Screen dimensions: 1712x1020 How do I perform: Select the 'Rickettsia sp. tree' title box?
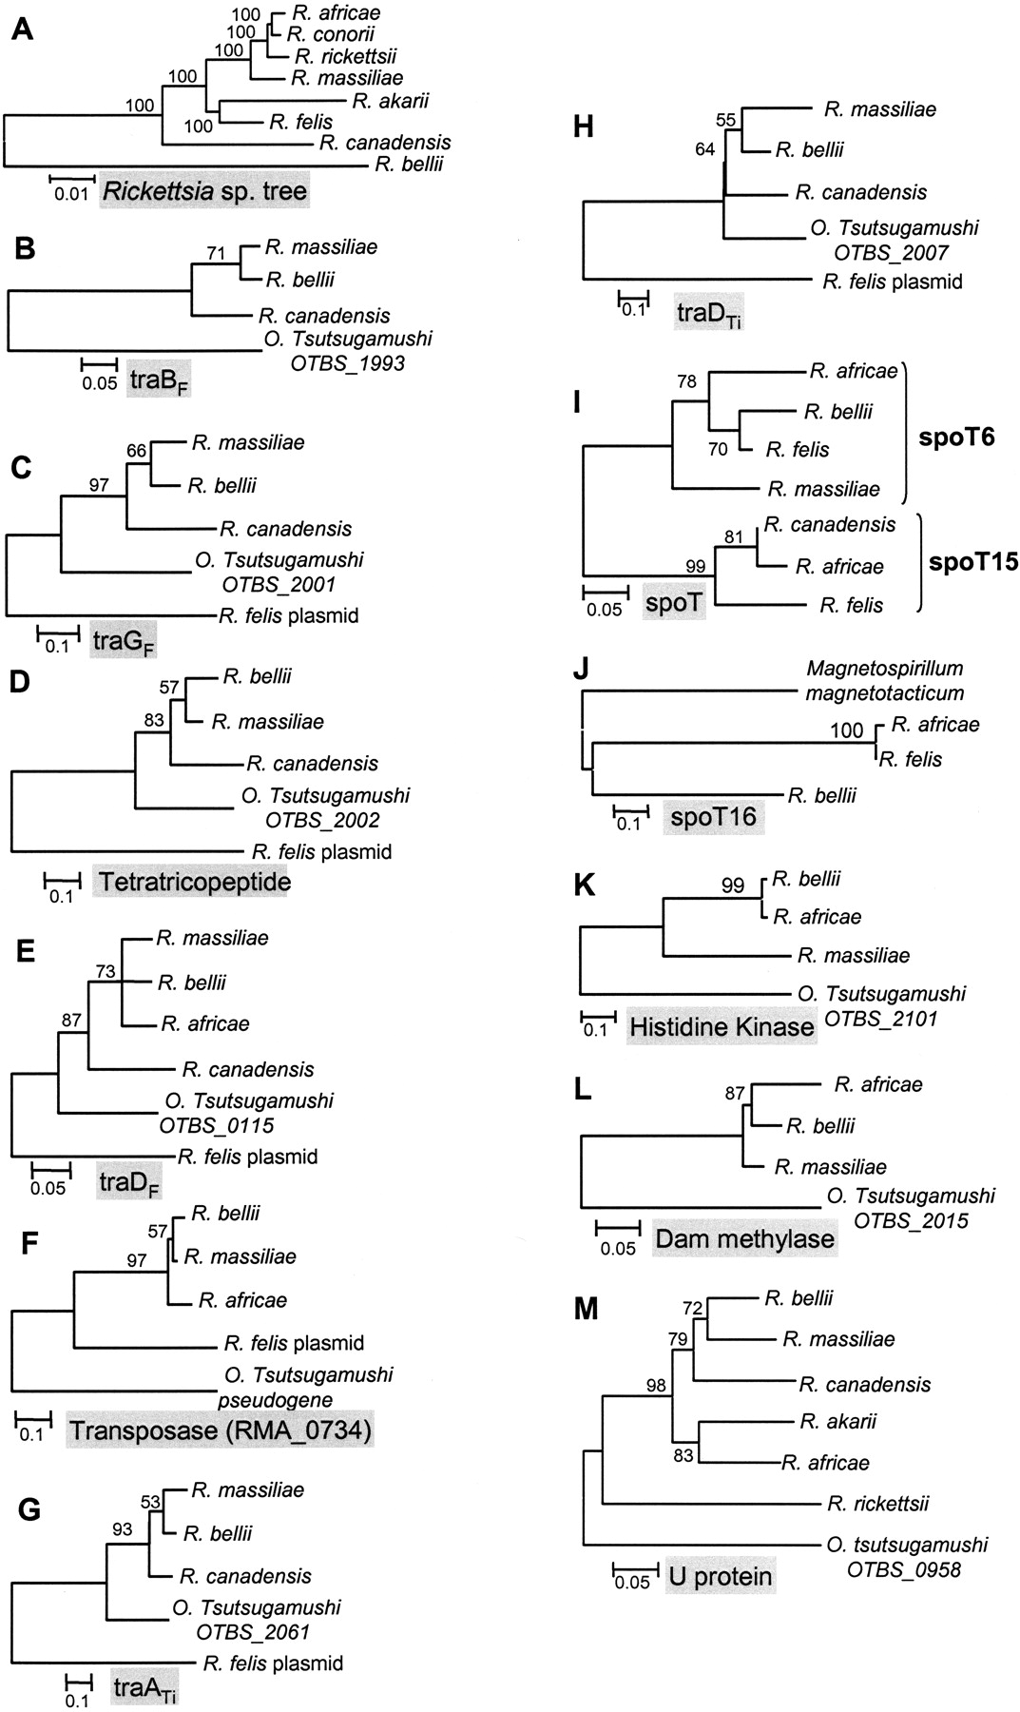[x=205, y=192]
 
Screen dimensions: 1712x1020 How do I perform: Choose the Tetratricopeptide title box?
[x=192, y=882]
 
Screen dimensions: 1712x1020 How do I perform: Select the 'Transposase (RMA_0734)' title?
[x=220, y=1429]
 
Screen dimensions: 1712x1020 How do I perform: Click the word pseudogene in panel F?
[x=274, y=1399]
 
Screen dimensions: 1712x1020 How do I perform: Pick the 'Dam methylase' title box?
[x=744, y=1238]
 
